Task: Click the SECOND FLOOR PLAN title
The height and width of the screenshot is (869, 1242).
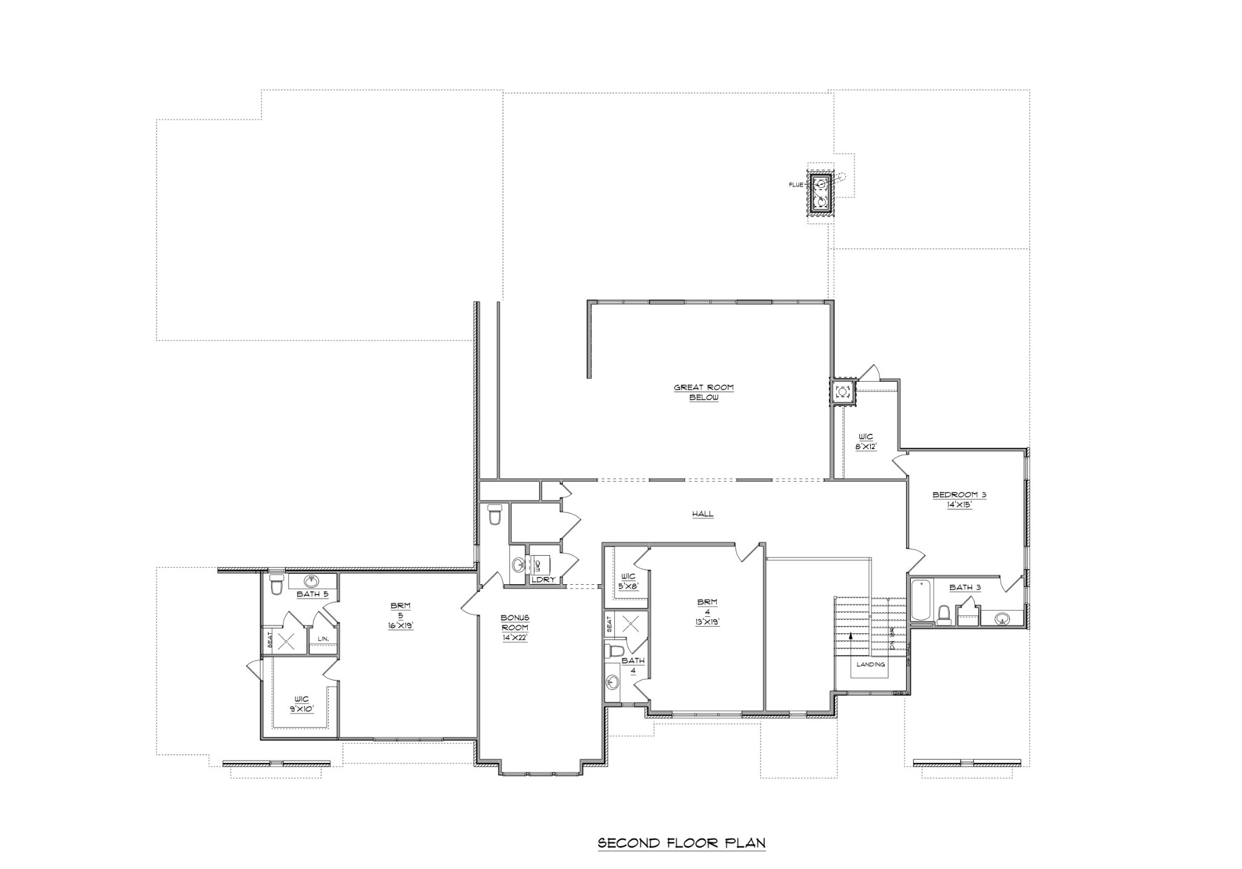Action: pos(682,843)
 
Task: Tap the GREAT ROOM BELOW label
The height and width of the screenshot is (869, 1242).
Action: pos(703,393)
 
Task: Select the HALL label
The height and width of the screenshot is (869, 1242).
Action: pos(703,514)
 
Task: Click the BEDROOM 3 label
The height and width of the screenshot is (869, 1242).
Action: pos(959,499)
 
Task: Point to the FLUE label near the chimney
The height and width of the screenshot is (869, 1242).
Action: pos(796,185)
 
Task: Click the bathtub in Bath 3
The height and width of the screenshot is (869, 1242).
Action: pos(921,601)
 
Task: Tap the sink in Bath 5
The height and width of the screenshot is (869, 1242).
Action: pos(312,581)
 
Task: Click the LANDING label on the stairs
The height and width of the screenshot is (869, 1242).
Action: pos(871,664)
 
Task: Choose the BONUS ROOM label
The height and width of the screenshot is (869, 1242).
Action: pos(514,627)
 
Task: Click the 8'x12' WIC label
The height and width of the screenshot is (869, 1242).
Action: pos(866,441)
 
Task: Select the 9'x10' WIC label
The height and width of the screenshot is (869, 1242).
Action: pos(301,704)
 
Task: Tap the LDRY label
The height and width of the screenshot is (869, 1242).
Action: pos(543,580)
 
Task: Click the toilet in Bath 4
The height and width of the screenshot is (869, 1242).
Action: pos(615,651)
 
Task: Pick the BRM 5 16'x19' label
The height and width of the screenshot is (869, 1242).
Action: pos(400,616)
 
